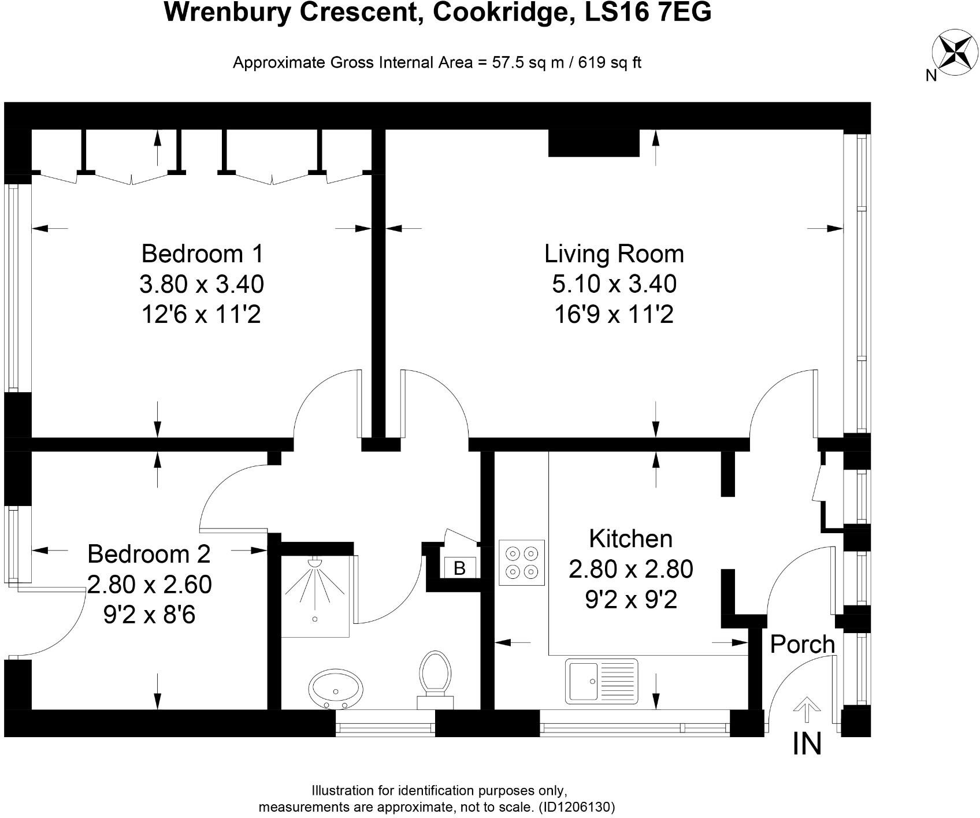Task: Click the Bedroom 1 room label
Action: click(202, 254)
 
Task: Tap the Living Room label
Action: click(614, 254)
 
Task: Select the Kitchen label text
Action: click(630, 538)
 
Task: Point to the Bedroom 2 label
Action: click(149, 554)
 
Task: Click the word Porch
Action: click(803, 644)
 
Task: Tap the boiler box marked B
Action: click(459, 568)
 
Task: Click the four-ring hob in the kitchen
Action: click(522, 563)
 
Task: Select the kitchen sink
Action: click(603, 681)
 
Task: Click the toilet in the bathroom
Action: click(435, 676)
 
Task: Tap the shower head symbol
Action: click(315, 562)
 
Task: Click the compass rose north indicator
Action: click(954, 51)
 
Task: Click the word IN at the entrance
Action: click(807, 743)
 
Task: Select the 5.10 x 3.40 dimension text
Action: click(614, 284)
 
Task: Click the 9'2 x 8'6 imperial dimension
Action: click(149, 615)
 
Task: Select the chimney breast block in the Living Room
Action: click(593, 143)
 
